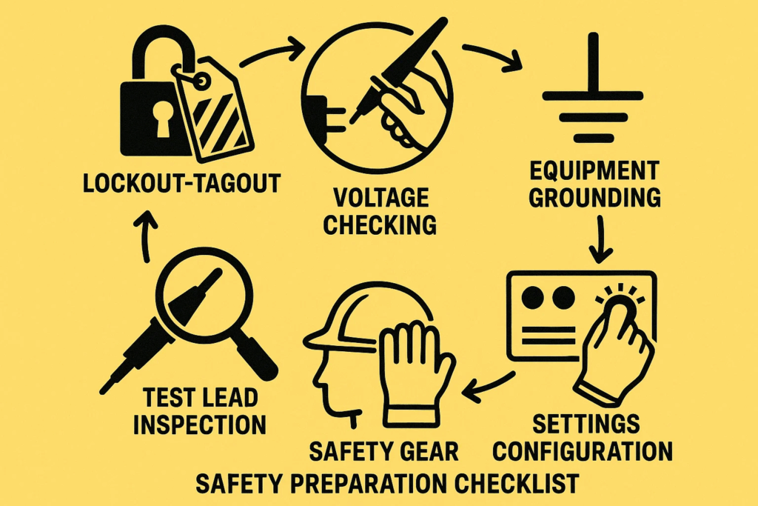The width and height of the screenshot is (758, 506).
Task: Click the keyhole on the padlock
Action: pyautogui.click(x=162, y=119)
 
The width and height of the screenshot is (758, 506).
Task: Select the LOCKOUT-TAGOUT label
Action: pyautogui.click(x=182, y=183)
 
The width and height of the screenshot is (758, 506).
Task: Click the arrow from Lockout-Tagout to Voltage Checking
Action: pyautogui.click(x=272, y=52)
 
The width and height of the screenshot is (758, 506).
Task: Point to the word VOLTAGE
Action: pyautogui.click(x=381, y=198)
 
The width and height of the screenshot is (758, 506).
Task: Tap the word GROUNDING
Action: pyautogui.click(x=594, y=197)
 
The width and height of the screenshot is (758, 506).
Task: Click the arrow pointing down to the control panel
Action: pyautogui.click(x=600, y=239)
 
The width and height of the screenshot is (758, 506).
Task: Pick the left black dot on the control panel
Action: pyautogui.click(x=533, y=296)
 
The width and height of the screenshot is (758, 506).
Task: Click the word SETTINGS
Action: pyautogui.click(x=586, y=424)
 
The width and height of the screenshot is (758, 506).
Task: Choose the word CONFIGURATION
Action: pyautogui.click(x=583, y=451)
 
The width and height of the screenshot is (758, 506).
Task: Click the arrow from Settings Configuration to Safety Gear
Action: pyautogui.click(x=489, y=384)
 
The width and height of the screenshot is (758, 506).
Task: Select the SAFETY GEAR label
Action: pyautogui.click(x=383, y=451)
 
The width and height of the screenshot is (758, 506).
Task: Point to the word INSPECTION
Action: pyautogui.click(x=200, y=425)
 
